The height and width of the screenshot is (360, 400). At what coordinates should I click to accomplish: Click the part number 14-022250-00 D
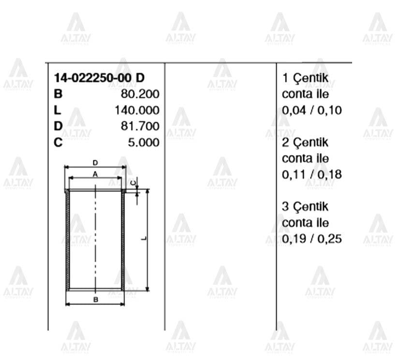(99, 78)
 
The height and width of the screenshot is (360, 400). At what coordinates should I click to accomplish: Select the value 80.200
(140, 94)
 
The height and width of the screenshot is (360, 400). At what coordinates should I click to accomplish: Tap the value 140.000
(137, 110)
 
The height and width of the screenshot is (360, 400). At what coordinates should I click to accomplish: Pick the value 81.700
(140, 127)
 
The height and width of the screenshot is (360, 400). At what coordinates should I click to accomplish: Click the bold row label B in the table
(58, 94)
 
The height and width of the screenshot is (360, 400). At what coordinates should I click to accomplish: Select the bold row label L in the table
(58, 110)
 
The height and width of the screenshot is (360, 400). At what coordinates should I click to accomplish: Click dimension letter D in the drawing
(95, 163)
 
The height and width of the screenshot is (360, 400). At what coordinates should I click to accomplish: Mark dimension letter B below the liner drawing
(96, 300)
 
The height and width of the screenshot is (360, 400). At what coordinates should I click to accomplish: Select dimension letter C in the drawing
(134, 182)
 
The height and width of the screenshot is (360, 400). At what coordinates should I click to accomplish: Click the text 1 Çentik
(305, 78)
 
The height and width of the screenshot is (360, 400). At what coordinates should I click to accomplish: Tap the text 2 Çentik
(305, 143)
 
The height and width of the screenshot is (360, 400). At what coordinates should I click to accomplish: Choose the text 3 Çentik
(305, 207)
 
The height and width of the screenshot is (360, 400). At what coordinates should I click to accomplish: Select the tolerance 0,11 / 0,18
(311, 175)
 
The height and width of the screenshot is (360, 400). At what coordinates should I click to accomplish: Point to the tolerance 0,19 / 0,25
(311, 239)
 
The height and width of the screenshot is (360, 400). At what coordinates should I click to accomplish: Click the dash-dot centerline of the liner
(96, 232)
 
